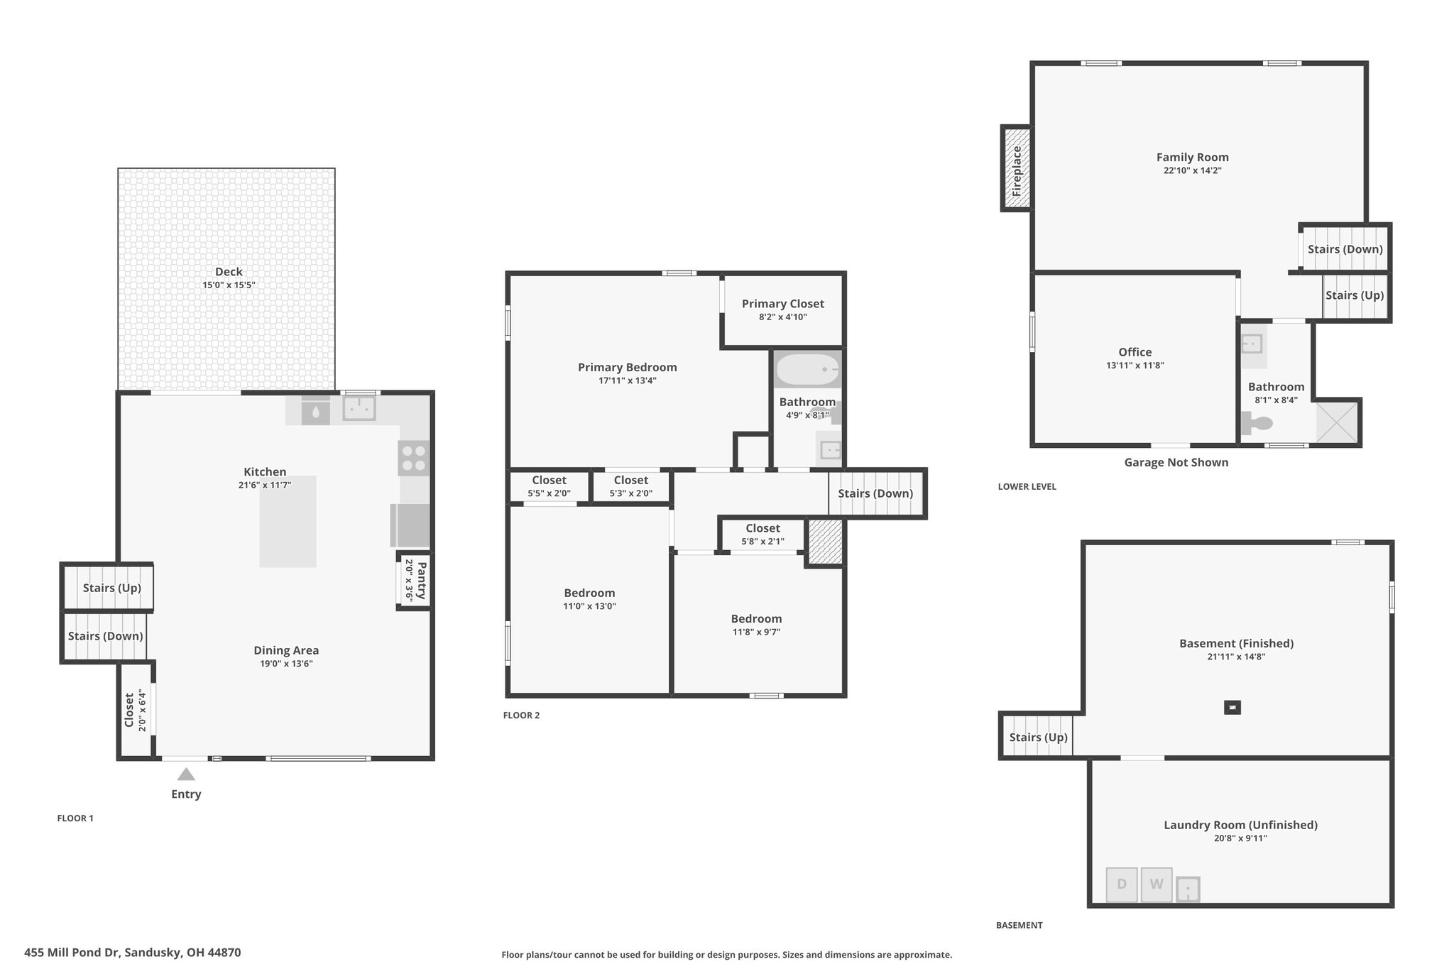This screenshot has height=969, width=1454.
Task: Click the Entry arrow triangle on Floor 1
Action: point(186,774)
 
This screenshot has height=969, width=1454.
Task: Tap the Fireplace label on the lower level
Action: point(1017,171)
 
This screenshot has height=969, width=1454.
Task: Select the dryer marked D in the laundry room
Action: point(1122,885)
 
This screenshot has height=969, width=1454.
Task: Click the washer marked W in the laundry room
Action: point(1157,885)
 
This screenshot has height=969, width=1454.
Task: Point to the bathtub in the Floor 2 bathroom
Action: point(808,370)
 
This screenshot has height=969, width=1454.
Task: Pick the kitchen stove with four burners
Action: point(413,458)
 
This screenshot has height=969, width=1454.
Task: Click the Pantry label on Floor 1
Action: point(422,581)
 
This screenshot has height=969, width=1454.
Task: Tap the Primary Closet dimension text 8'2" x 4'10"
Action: point(783,317)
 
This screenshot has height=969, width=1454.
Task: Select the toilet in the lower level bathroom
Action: point(1257,424)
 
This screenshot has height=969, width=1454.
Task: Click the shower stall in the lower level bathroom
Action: point(1338,422)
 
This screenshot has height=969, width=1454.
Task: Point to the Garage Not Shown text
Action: point(1176,463)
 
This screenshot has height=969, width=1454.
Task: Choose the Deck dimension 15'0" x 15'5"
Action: point(229,285)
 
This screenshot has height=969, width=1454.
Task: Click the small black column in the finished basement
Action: point(1232,707)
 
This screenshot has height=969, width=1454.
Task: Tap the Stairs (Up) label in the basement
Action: point(1039,738)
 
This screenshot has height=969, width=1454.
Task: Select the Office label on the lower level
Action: point(1135,352)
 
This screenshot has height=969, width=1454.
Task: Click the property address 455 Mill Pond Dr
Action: point(133,953)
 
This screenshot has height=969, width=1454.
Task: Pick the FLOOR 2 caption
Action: point(522,716)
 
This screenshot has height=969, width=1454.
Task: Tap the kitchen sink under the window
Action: point(359,408)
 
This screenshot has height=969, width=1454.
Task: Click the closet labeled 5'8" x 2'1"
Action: point(763,535)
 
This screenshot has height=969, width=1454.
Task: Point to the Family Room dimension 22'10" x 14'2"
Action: point(1193,171)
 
